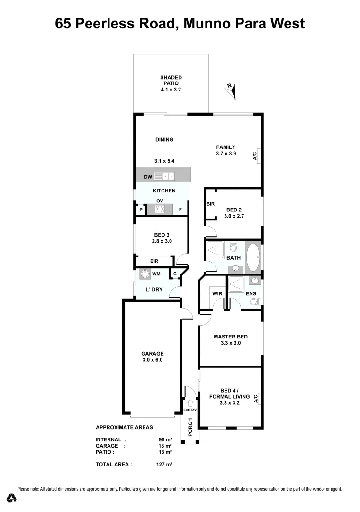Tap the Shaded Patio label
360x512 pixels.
171,83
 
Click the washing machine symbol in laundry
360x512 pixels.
144,274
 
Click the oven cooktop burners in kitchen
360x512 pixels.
160,209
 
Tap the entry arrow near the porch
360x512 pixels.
190,403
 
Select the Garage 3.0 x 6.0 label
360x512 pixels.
152,357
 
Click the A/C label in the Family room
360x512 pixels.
255,155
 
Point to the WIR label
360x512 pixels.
217,294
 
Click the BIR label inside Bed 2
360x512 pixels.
211,204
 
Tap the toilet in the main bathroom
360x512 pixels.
233,247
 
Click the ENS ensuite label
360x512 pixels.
251,294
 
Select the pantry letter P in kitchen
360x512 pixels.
141,209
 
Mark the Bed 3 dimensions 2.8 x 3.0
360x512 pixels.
162,241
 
